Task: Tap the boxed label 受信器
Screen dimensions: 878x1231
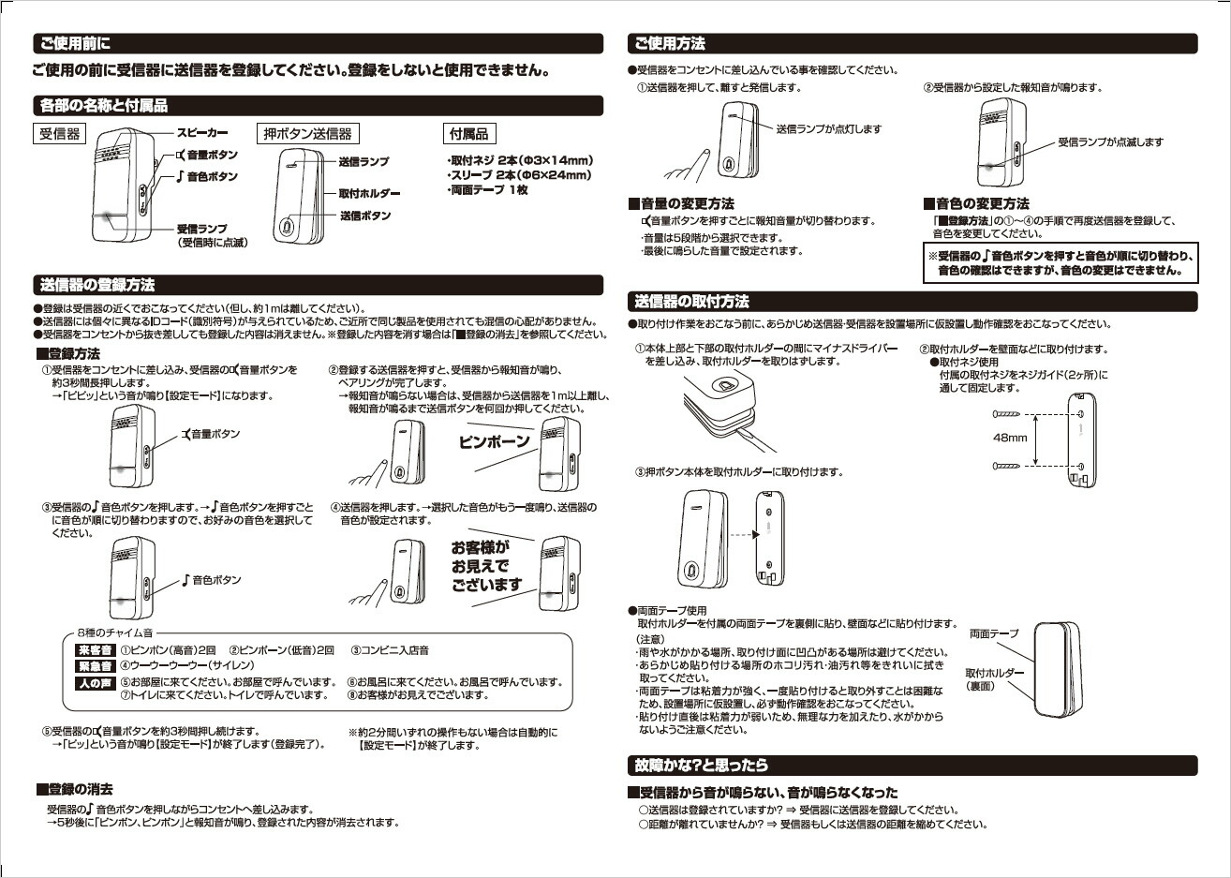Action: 60,134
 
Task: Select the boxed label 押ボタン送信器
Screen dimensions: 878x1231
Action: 307,134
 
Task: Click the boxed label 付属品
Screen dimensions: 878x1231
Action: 468,134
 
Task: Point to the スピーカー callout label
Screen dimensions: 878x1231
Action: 201,133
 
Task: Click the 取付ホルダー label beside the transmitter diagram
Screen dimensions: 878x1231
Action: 369,193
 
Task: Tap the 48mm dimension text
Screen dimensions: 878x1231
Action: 1010,438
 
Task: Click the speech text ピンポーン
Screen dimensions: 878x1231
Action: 495,441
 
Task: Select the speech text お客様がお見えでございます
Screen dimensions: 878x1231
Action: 485,566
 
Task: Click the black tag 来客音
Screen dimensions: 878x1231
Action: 94,650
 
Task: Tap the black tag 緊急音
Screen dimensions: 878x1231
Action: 94,666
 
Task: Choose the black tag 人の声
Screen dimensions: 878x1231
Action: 94,682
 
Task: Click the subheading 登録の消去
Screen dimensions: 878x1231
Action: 80,789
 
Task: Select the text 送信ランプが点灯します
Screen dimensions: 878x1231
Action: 828,128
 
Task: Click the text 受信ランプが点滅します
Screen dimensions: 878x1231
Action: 1110,142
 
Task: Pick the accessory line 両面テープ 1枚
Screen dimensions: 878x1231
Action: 488,189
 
